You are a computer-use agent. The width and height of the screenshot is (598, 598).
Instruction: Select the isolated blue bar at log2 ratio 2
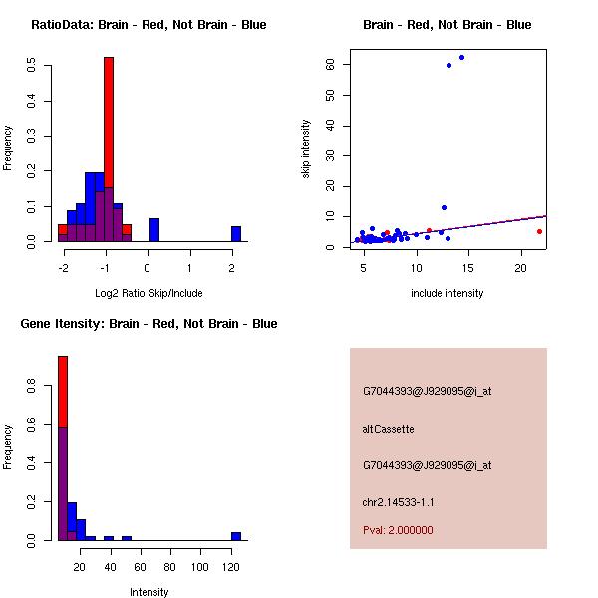236,234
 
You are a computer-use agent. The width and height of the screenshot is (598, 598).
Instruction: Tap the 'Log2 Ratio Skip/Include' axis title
147,292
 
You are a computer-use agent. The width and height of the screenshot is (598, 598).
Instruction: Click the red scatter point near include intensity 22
539,231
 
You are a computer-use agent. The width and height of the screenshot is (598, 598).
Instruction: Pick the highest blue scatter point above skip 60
461,57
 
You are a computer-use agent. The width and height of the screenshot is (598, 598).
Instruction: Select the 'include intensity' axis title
447,293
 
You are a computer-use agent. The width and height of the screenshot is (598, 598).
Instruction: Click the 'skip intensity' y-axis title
306,149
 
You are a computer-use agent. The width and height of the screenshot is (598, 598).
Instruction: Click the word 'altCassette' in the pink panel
388,429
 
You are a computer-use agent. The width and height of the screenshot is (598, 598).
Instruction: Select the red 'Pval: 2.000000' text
398,530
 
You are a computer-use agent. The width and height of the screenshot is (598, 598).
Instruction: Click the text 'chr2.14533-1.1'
398,502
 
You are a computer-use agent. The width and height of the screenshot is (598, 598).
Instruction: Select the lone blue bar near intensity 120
236,536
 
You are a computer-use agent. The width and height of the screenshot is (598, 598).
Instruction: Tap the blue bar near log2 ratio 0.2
154,230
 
